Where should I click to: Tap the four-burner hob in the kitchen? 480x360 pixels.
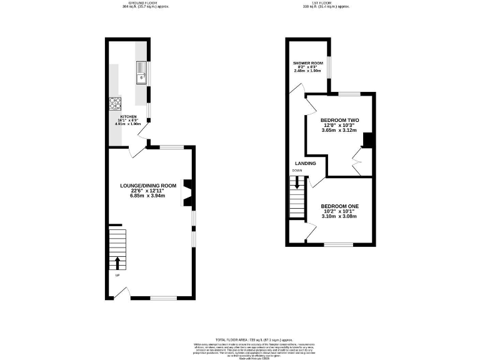pyautogui.click(x=116, y=103)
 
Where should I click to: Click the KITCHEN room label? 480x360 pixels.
pyautogui.click(x=128, y=116)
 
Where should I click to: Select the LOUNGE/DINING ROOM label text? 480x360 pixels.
pyautogui.click(x=149, y=186)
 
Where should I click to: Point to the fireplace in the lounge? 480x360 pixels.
pyautogui.click(x=187, y=193)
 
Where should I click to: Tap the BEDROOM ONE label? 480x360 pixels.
pyautogui.click(x=339, y=206)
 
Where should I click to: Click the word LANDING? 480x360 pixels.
pyautogui.click(x=306, y=164)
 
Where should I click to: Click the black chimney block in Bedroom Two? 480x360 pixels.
pyautogui.click(x=369, y=141)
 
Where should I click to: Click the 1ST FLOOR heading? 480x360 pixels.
pyautogui.click(x=325, y=3)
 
